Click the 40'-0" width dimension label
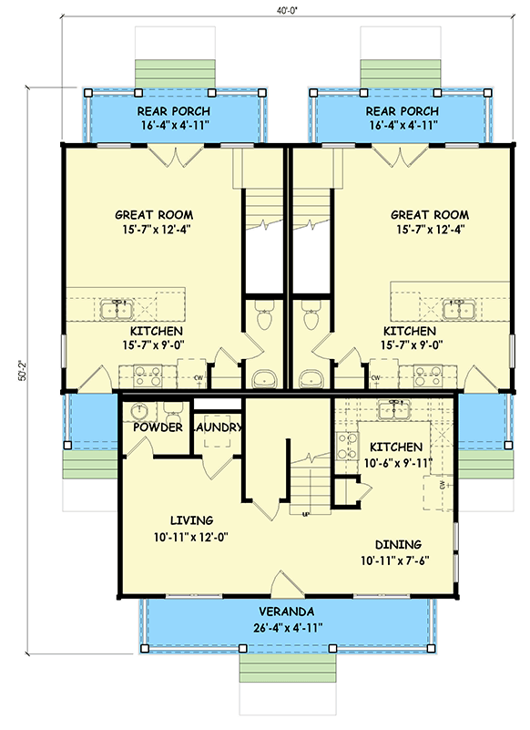click(x=265, y=10)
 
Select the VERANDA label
click(x=285, y=611)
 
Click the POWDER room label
click(x=158, y=427)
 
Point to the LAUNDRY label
click(x=217, y=427)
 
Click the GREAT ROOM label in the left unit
click(x=152, y=215)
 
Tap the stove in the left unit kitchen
click(x=146, y=373)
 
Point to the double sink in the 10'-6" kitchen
click(x=396, y=406)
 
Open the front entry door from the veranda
click(x=285, y=583)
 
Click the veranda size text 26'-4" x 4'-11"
click(x=285, y=627)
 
